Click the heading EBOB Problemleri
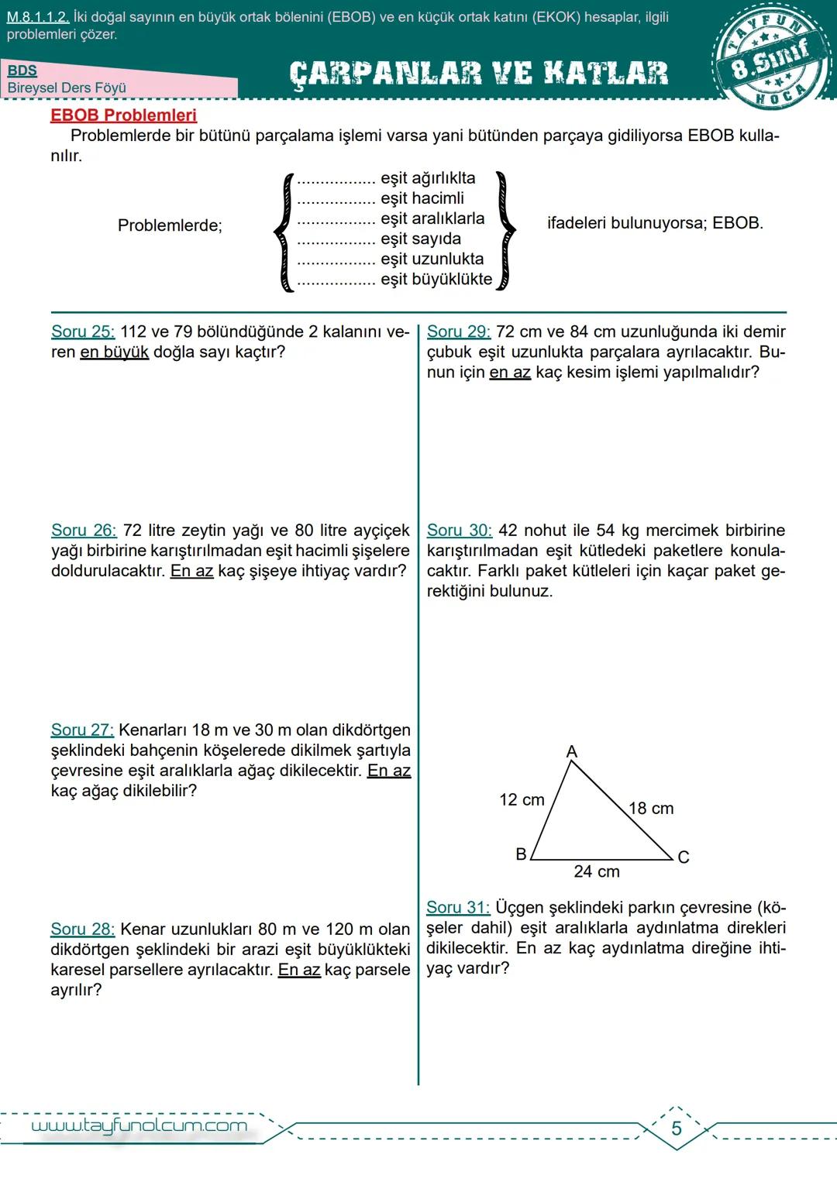pos(123,115)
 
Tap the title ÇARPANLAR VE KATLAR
pos(478,74)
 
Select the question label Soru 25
pos(83,332)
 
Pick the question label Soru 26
pos(84,531)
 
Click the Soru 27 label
pos(82,730)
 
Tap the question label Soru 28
pos(83,929)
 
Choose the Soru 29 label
pos(459,332)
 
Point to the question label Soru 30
pos(460,531)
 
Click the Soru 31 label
pos(458,907)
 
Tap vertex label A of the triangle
pos(572,751)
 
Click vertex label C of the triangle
pos(683,857)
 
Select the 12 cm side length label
pos(522,799)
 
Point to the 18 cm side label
pos(651,809)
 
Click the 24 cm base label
pos(597,871)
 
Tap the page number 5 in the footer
pos(677,1129)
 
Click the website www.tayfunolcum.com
pos(139,1125)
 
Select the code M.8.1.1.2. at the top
pos(37,17)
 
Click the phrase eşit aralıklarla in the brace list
pos(432,218)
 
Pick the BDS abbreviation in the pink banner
pos(22,70)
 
